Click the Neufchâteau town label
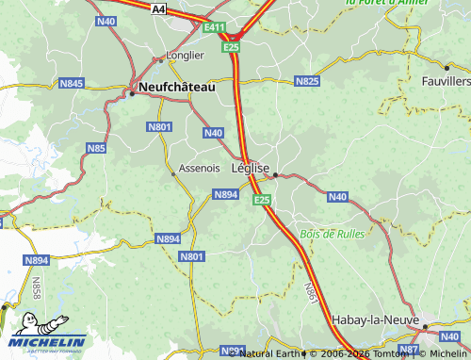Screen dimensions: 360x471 pos(176,87)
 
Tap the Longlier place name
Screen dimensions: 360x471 pos(185,56)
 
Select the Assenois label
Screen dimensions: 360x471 pos(200,169)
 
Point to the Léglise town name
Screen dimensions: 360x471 pos(250,169)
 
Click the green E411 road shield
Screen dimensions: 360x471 pos(215,30)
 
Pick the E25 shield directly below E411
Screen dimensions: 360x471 pos(231,45)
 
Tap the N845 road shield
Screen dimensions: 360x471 pos(71,83)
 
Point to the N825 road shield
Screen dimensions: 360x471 pos(307,82)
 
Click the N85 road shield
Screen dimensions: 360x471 pos(96,148)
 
